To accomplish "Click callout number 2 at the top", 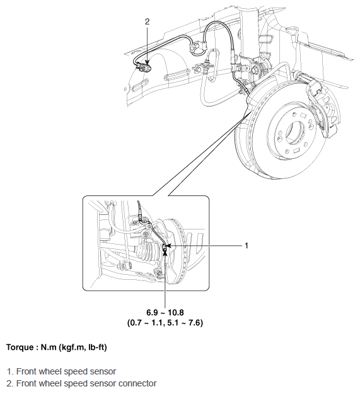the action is [148, 21].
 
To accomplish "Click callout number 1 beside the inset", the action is [247, 245].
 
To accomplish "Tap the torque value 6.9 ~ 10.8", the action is [165, 313].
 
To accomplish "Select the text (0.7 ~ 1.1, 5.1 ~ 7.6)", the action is [165, 323].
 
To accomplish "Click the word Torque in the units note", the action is [20, 347].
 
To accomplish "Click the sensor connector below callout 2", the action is [144, 68].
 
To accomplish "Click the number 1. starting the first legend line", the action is [10, 371].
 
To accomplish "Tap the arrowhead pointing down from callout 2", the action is [148, 62].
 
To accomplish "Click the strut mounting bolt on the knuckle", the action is [253, 70].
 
